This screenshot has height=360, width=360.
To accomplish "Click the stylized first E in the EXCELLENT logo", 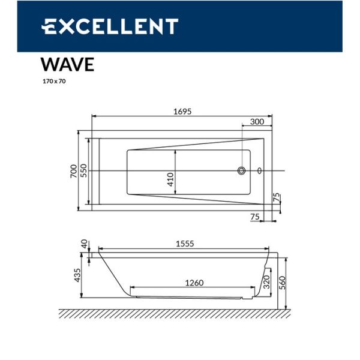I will coord(50,26).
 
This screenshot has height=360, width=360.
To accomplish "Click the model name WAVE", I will coord(67,65).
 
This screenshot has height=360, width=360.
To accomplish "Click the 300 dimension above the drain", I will coord(257,122).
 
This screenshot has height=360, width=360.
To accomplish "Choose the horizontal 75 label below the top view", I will coord(254,217).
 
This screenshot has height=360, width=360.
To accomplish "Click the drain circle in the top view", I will coord(242,171).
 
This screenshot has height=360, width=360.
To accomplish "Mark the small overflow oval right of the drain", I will coord(260,171).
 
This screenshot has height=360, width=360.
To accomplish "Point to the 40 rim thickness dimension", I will coord(85,244).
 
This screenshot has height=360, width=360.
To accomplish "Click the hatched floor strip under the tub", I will coord(174,313).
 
